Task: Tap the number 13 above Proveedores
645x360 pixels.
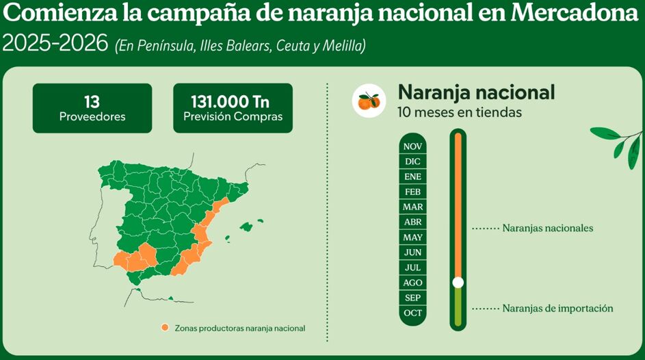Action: click(92, 101)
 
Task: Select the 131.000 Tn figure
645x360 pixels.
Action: click(233, 101)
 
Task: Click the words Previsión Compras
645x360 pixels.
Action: click(233, 116)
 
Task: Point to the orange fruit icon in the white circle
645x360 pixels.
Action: click(369, 101)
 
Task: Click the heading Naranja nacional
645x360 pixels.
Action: click(476, 92)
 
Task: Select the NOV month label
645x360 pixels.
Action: click(412, 146)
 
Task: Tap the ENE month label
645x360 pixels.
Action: click(412, 177)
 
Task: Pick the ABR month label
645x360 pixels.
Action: click(412, 222)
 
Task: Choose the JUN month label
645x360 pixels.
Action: click(412, 253)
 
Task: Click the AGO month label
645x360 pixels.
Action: click(412, 283)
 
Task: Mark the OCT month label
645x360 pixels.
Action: click(412, 313)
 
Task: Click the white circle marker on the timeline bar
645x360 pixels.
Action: click(458, 282)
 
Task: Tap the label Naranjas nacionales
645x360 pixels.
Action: click(547, 228)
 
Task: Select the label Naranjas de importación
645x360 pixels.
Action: click(557, 309)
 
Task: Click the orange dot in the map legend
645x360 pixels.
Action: click(165, 328)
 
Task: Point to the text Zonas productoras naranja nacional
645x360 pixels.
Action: click(239, 329)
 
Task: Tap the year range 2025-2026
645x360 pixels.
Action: click(55, 44)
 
